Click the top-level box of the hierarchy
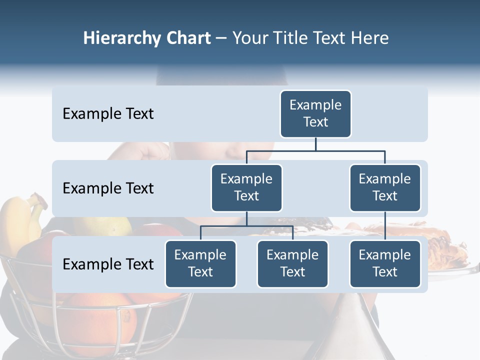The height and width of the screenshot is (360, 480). [315, 113]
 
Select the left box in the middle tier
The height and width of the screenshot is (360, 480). [246, 187]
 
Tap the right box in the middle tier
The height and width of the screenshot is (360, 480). [385, 187]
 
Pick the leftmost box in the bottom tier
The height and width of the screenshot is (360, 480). [200, 263]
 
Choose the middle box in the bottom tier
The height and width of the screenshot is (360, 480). [292, 263]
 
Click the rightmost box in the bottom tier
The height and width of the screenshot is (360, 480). [385, 263]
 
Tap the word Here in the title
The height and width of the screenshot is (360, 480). [370, 38]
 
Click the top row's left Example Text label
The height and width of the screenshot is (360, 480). [108, 114]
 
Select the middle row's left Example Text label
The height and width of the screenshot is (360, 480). [108, 188]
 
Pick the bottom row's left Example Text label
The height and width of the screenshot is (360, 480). [108, 264]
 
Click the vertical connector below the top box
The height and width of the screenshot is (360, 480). [315, 144]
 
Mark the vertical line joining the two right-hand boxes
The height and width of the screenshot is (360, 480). [385, 226]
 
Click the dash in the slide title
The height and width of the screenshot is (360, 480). [221, 38]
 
